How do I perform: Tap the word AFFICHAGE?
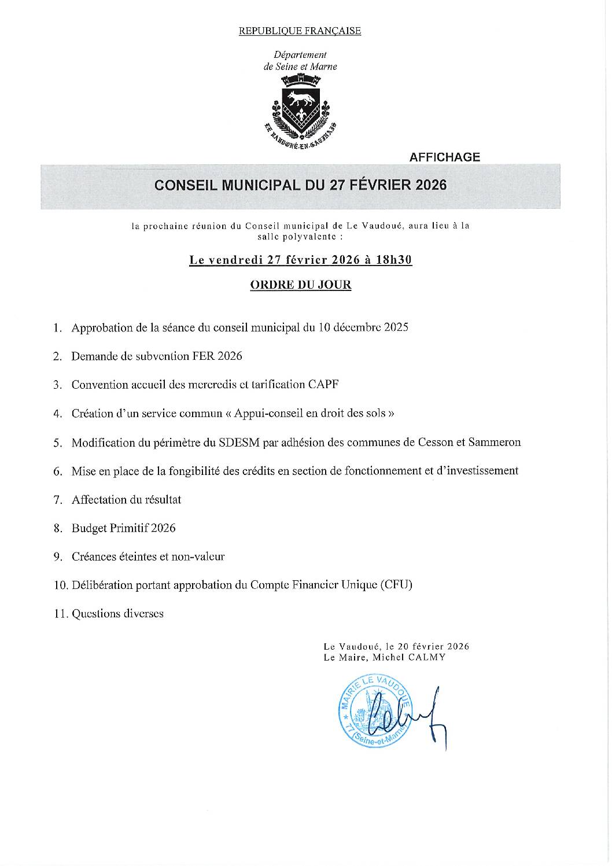(444, 157)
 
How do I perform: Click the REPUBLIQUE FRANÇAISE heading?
(300, 31)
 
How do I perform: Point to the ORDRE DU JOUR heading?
(300, 285)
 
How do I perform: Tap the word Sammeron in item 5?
(496, 443)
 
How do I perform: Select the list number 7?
(57, 499)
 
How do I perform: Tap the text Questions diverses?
(117, 613)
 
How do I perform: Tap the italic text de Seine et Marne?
(300, 67)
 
